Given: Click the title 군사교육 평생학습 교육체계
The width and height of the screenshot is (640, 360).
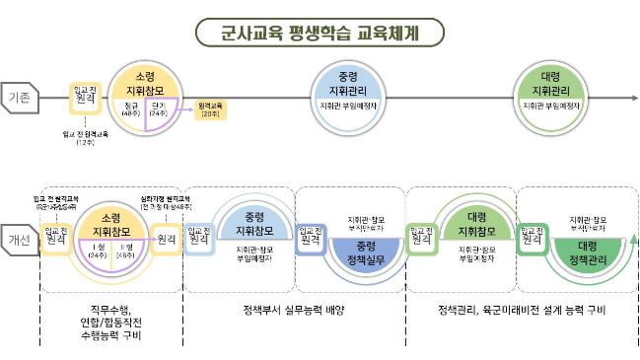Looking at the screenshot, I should (320, 32).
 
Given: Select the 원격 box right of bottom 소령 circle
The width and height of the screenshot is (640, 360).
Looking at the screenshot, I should (167, 239).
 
